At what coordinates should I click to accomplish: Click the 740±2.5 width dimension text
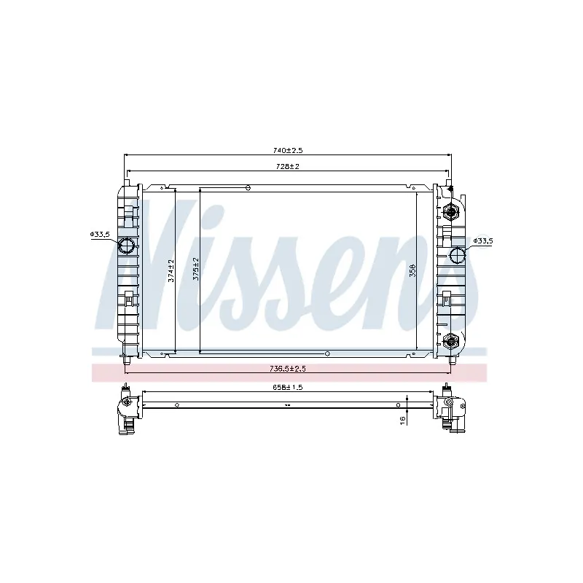point(288,150)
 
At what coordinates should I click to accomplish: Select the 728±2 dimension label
point(288,167)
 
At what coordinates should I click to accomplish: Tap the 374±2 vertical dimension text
point(171,270)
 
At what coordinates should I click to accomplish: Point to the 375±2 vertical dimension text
point(195,269)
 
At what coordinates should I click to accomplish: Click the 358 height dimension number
point(412,270)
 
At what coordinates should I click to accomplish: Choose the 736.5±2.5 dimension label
point(289,369)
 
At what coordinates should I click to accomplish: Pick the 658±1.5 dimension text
point(287,387)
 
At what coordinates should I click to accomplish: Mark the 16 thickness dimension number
point(402,420)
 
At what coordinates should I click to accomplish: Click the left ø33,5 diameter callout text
point(100,234)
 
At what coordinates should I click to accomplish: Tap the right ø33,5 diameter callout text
point(483,240)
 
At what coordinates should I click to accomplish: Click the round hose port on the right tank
point(458,255)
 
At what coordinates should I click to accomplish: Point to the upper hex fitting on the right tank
point(450,212)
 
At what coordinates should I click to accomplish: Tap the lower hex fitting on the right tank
point(450,340)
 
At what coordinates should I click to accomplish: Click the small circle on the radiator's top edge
point(248,188)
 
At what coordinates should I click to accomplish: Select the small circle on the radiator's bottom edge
point(327,353)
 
